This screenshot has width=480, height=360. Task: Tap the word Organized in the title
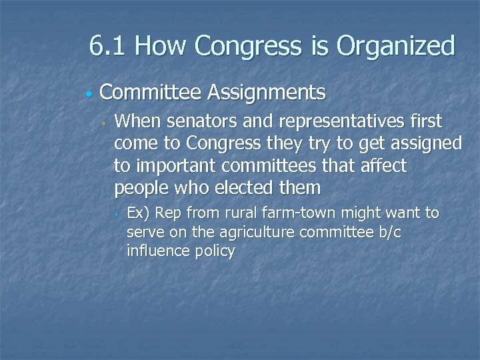click(x=396, y=46)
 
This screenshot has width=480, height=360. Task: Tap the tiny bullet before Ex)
click(x=116, y=215)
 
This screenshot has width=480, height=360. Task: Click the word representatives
click(x=335, y=122)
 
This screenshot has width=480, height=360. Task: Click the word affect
click(x=383, y=166)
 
